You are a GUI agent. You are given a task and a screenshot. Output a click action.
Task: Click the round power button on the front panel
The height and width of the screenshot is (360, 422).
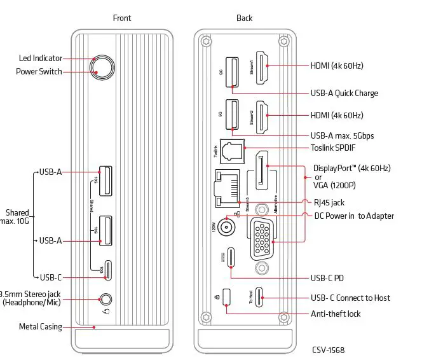(x=102, y=66)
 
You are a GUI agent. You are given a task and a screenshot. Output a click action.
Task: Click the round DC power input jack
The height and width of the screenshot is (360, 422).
(x=226, y=226)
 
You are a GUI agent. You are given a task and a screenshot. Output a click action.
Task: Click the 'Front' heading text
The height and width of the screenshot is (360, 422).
(x=122, y=18)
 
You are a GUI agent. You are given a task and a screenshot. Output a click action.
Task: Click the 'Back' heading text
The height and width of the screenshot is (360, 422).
(x=244, y=18)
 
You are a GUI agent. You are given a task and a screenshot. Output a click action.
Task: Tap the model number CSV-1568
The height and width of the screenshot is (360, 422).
(x=328, y=350)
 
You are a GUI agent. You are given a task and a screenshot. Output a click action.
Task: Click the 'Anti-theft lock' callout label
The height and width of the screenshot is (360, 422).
(x=335, y=314)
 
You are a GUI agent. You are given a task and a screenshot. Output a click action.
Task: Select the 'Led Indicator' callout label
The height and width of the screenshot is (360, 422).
(x=40, y=59)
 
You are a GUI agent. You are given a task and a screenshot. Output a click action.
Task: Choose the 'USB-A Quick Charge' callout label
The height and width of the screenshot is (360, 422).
(x=344, y=93)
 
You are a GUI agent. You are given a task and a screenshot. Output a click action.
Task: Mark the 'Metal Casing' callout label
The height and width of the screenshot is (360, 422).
(x=41, y=327)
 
